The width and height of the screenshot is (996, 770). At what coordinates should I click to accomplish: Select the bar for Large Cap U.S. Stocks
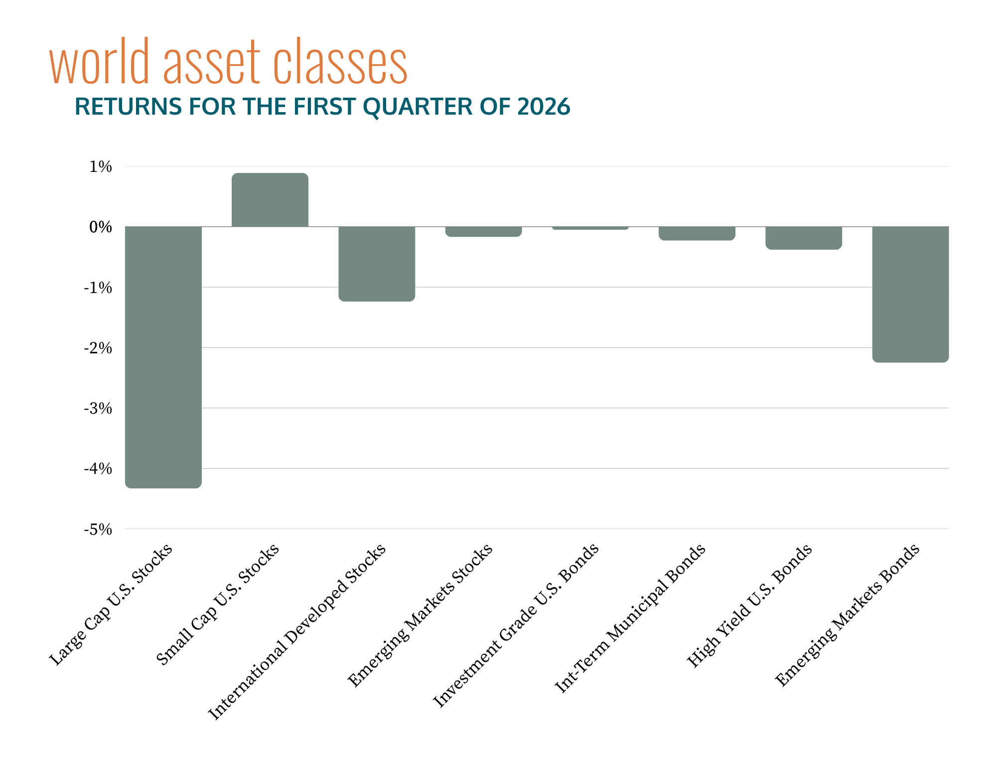point(163,356)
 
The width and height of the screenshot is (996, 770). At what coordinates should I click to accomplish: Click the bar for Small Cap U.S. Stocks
point(270,200)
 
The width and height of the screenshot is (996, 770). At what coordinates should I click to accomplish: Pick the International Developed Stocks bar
point(377,264)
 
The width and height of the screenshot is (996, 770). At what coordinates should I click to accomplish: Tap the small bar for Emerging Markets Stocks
point(483,232)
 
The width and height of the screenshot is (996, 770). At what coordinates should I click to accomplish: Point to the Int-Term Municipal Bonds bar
point(697,233)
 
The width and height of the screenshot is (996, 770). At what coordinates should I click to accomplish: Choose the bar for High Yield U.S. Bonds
point(803,238)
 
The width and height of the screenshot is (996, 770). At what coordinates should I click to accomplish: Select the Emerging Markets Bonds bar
point(910,294)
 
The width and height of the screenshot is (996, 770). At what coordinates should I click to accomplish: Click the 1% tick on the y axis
point(101,167)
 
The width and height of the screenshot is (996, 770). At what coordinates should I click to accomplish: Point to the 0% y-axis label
point(101,227)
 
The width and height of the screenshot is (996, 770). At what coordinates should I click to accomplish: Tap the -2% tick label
point(98,348)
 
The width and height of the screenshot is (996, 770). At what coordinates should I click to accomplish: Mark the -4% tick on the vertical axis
point(98,469)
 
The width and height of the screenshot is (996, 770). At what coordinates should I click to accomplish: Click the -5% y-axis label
point(98,530)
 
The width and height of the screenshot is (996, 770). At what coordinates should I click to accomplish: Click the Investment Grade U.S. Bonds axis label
point(516,625)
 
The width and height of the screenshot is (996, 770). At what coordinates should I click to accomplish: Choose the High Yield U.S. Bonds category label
point(749,606)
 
